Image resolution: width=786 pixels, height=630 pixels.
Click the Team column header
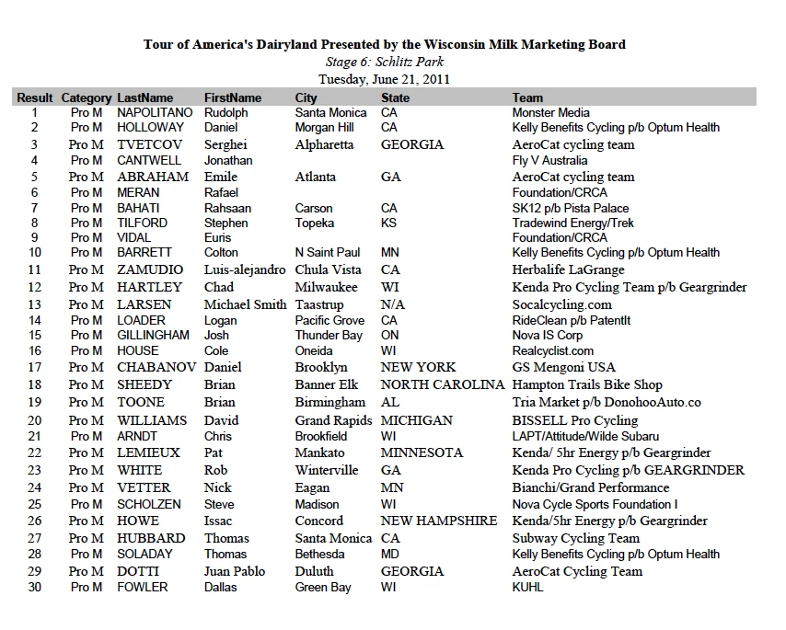pos(527,97)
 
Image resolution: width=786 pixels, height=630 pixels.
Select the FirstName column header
pos(233,97)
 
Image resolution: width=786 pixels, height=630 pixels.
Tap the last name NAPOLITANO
pos(155,112)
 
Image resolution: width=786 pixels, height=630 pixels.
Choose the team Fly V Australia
pos(549,160)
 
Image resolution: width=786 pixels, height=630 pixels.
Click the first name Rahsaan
pos(227,208)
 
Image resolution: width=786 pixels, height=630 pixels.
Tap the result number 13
pos(35,304)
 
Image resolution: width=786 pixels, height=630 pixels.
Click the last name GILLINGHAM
pos(153,335)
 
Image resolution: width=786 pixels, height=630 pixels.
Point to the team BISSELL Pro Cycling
pos(575,420)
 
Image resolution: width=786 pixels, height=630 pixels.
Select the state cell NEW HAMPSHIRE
pos(439,521)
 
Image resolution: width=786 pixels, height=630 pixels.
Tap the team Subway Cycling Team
pos(576,538)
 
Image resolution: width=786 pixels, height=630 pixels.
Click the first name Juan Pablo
pos(235,571)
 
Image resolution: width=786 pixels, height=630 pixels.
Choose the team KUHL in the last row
pos(528,587)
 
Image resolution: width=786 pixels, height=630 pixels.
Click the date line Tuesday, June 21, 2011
pos(384,79)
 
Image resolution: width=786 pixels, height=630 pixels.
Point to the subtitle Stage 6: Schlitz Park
pos(384,62)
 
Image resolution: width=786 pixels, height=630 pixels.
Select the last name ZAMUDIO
pos(150,269)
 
